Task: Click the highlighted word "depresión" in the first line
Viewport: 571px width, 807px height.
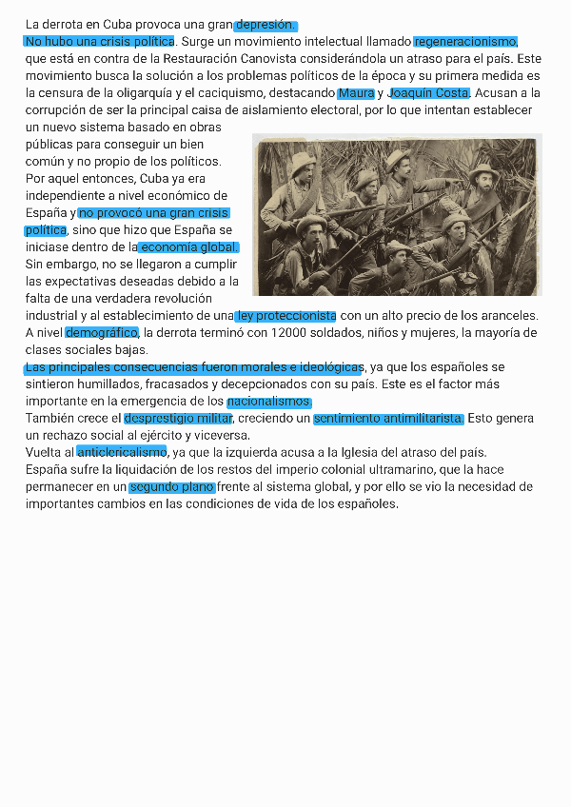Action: (x=266, y=25)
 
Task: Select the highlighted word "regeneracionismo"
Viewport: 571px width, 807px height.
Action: (x=465, y=42)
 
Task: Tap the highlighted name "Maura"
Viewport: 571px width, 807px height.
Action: (x=356, y=93)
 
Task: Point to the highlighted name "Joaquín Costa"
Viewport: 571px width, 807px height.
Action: (x=429, y=93)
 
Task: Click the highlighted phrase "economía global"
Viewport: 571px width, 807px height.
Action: (x=188, y=247)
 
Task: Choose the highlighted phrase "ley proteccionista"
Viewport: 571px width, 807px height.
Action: (x=286, y=316)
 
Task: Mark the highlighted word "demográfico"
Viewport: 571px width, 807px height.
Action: (x=102, y=333)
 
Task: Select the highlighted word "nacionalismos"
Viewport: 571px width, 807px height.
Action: (x=269, y=402)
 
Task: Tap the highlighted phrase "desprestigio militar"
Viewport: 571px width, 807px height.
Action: (x=178, y=419)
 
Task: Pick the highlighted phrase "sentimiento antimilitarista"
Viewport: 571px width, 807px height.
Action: (x=388, y=419)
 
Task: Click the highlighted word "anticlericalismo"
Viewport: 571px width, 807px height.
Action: (x=122, y=452)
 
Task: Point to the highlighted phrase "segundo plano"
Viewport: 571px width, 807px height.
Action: (x=172, y=487)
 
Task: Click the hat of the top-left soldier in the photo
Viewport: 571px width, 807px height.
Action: (x=303, y=160)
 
